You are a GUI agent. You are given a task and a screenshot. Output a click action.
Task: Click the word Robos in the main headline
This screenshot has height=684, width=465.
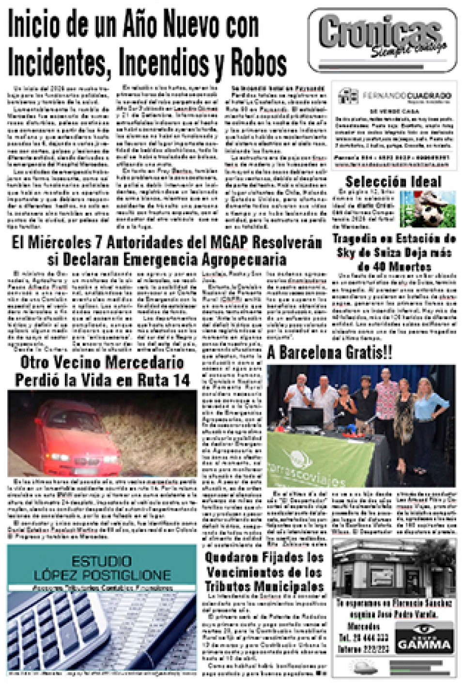coord(258,63)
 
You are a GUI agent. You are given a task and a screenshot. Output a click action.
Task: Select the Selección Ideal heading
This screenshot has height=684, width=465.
coord(393,182)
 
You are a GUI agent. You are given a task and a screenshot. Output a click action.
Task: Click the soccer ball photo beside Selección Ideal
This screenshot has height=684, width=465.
coord(428,208)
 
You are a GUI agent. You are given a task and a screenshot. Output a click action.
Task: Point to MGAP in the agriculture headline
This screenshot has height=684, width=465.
coord(229,242)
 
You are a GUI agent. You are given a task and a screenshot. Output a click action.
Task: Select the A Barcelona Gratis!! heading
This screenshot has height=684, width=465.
coord(330,353)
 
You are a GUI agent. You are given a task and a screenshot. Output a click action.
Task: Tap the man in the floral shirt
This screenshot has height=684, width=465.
coord(385,412)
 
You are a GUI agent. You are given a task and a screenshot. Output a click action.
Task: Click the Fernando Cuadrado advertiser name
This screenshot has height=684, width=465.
coord(407,96)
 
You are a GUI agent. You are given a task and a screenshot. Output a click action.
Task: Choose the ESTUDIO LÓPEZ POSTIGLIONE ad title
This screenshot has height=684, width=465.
coord(102,568)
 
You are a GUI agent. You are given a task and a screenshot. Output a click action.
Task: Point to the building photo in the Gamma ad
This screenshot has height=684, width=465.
coord(394,568)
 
